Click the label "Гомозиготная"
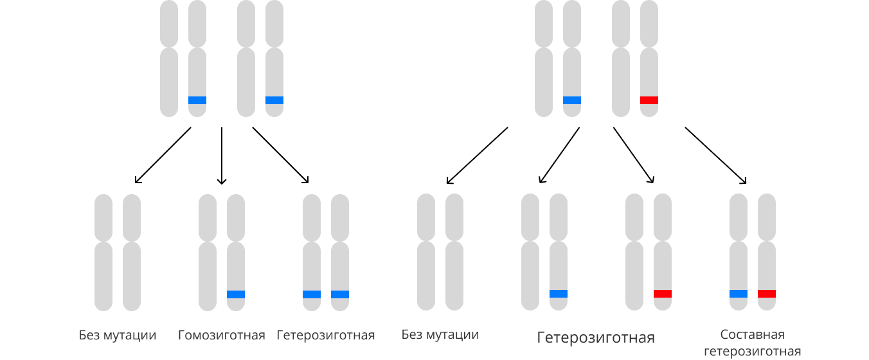(221, 336)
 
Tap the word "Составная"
(752, 335)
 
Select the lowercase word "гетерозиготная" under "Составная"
(752, 352)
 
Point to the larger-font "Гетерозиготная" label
(596, 338)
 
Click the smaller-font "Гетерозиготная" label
(326, 336)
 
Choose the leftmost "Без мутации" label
(118, 336)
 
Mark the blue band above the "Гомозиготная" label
(236, 294)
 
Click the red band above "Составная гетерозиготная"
(767, 294)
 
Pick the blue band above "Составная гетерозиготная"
(739, 294)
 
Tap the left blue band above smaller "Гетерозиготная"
(312, 294)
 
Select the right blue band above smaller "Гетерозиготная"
(340, 294)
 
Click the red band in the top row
(649, 100)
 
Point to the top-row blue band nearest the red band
(572, 100)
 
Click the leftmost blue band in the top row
(197, 100)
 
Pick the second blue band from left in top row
(274, 100)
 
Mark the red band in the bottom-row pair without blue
(663, 294)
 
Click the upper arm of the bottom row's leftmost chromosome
(103, 217)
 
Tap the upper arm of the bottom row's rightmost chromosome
(767, 217)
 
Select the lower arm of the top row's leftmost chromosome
(169, 82)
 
